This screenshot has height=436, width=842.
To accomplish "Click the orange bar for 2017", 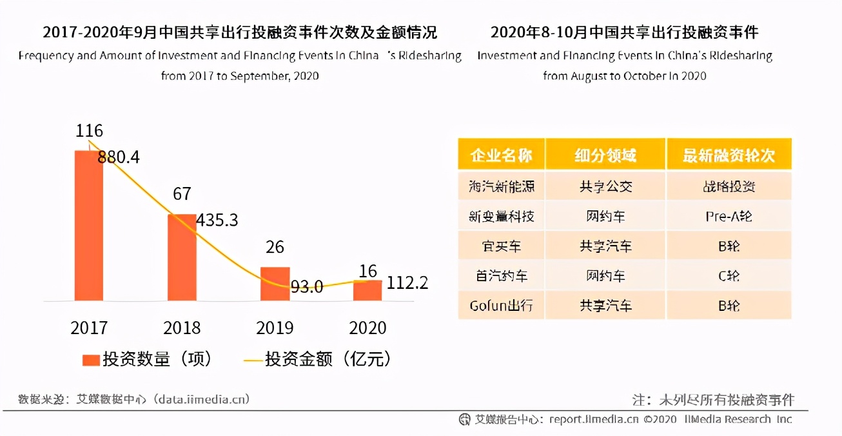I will pos(88,226).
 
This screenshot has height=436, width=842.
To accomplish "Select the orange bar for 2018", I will pos(182,257).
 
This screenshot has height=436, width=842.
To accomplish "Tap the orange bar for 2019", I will pos(275,284).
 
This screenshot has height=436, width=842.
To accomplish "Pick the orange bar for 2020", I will pos(367,290).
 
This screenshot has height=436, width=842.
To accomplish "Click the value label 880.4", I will pos(119,157).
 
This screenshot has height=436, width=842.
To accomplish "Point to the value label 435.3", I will pos(217,221).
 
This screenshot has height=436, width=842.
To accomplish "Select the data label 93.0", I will pos(306,287).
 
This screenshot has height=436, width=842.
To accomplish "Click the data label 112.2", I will pos(407,282).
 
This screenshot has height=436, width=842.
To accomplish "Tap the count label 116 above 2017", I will pos(89,131).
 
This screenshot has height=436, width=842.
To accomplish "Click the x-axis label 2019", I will pos(275,328).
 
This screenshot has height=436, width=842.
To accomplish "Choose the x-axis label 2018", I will pos(182,328).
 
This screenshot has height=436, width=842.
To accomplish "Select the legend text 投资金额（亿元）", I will pos(328,359).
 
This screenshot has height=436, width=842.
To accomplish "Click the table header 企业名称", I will pos(502,155).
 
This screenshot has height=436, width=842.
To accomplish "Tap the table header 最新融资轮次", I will pos(729,155).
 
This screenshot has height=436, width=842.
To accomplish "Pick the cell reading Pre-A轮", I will pos(729,217).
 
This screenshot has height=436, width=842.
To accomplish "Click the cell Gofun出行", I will pos(502,305).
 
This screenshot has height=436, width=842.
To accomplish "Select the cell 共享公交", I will pos(605,187).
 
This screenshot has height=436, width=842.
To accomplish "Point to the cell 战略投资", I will pos(729,187).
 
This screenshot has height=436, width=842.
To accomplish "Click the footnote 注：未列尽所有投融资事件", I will pos(713,400).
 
